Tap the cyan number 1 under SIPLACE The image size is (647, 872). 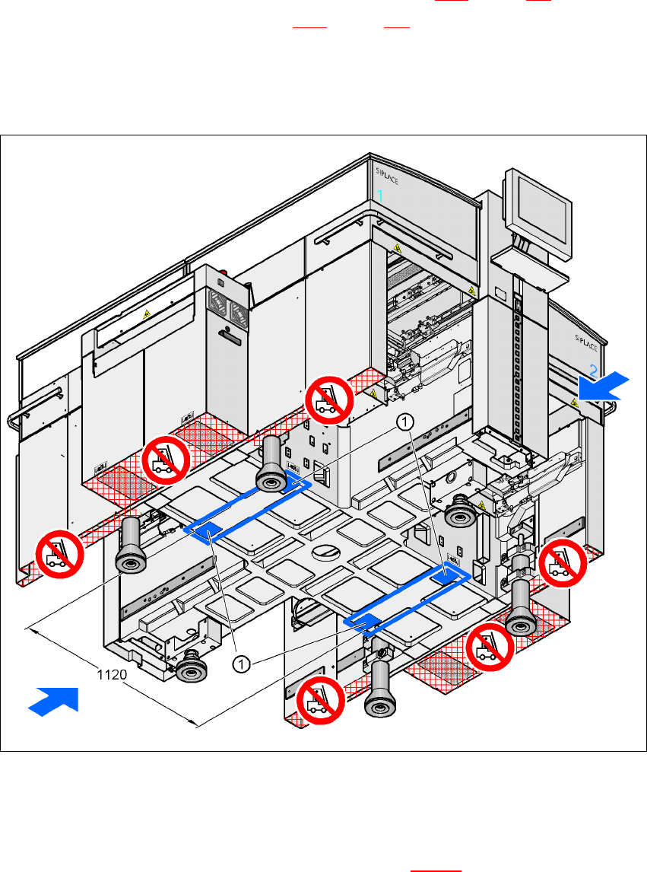tap(380, 196)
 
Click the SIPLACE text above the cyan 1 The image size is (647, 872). tap(387, 176)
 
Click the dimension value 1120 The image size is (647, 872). tap(111, 673)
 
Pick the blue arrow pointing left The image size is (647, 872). tap(603, 387)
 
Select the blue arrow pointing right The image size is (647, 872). tap(55, 699)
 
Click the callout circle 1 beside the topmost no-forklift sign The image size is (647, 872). tap(406, 421)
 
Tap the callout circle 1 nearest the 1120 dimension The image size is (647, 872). tap(241, 664)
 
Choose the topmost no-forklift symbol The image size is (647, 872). tap(329, 399)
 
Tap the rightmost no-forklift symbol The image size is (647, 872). tap(563, 562)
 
